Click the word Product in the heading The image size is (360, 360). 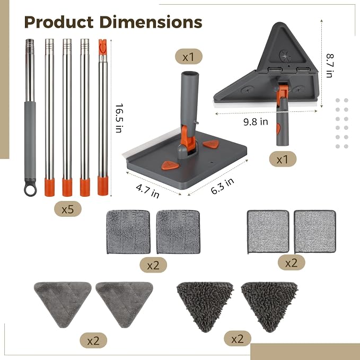(x=59, y=22)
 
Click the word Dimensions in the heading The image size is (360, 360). (x=151, y=22)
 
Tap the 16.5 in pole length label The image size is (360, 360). (x=119, y=118)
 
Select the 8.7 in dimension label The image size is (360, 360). (x=330, y=66)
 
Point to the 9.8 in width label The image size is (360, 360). (x=256, y=121)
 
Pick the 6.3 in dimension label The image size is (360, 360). (x=222, y=186)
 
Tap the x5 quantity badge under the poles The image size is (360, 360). (x=68, y=209)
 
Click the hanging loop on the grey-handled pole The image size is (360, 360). (x=30, y=190)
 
